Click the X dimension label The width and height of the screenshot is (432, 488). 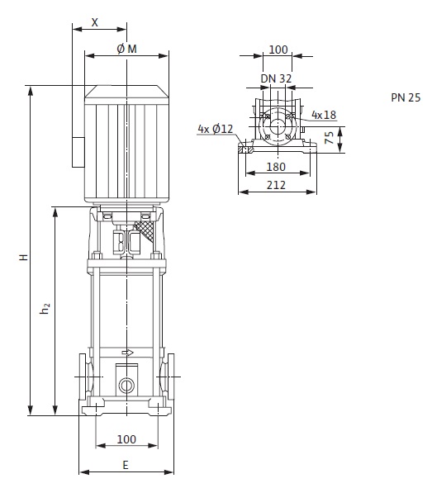[x=95, y=22]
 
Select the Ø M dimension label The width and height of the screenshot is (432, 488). [x=126, y=49]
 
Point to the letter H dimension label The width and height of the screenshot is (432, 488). [x=24, y=258]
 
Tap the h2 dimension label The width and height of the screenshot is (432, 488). [x=45, y=307]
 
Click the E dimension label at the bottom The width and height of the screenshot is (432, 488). [x=126, y=465]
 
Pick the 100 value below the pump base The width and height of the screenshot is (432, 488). [x=126, y=439]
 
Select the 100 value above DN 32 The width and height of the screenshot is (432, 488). [x=278, y=50]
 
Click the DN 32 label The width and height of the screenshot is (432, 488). [x=276, y=78]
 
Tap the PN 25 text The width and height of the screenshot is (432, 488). [x=406, y=97]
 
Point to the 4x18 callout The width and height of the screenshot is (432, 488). [x=324, y=115]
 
